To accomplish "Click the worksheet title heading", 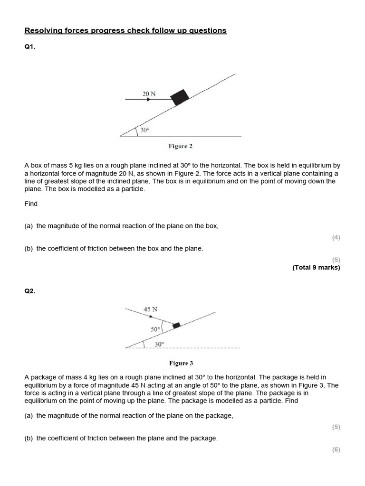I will (x=125, y=31).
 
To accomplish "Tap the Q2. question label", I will (x=29, y=291).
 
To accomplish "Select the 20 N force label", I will (x=149, y=93).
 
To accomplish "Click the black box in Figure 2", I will (x=180, y=96).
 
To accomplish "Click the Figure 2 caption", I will (x=180, y=146).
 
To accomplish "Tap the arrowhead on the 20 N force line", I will (x=149, y=100).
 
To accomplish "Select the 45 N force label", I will (x=151, y=309).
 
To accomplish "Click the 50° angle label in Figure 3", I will (x=155, y=328).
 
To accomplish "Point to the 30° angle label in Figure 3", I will (x=159, y=344).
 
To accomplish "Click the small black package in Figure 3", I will (x=176, y=325).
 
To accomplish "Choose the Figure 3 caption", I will (x=181, y=364).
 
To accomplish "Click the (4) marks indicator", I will (x=336, y=237).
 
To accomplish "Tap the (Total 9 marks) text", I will (x=316, y=267).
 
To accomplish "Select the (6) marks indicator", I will (x=336, y=449).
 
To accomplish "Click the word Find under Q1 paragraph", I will (x=31, y=204).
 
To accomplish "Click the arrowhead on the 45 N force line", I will (x=151, y=317).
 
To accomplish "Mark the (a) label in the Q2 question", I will (x=29, y=416).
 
